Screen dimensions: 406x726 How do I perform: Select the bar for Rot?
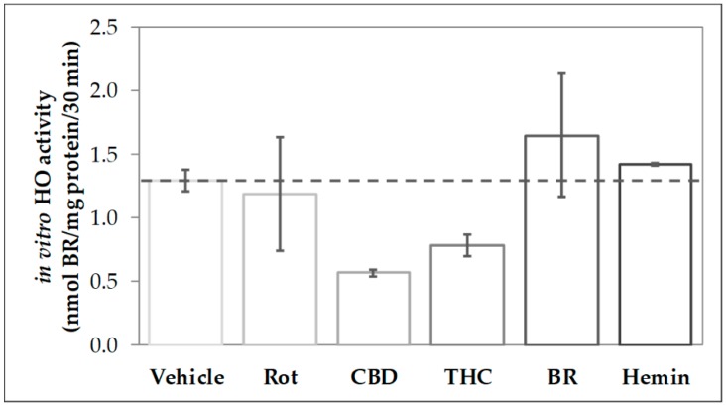click(x=279, y=269)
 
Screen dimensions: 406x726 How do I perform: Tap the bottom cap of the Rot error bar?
click(x=279, y=250)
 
